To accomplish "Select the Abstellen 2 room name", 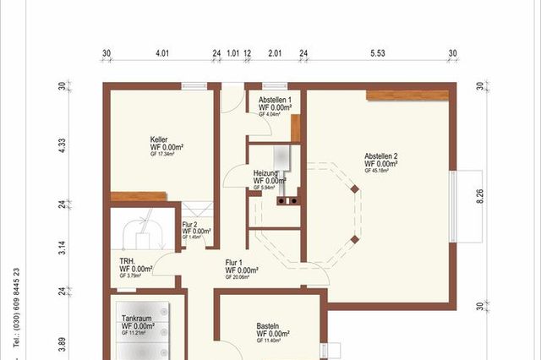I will (381, 155).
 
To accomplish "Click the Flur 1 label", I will (235, 262).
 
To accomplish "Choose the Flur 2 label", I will (190, 224).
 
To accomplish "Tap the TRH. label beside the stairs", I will (128, 261).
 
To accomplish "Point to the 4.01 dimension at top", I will (162, 52).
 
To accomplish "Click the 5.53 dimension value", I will (379, 52).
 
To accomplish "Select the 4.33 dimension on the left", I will (61, 145).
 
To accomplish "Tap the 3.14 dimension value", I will (61, 248).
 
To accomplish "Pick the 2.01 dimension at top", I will (275, 52).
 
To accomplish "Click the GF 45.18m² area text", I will (377, 171).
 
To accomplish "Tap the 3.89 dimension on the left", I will (61, 344).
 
